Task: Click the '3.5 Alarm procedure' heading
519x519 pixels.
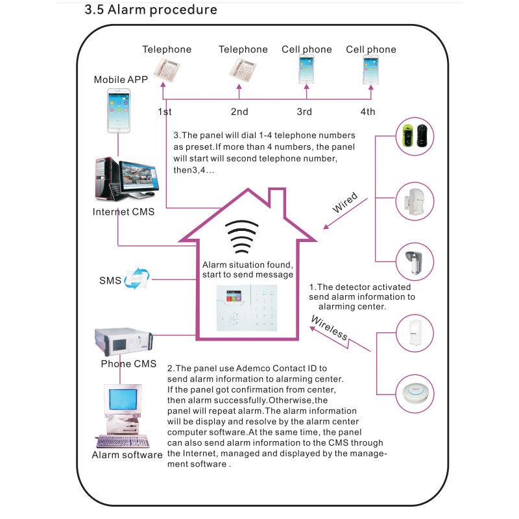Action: [151, 10]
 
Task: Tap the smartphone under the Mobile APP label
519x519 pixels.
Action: [119, 110]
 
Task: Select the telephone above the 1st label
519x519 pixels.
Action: [167, 69]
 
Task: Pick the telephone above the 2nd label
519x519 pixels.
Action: [243, 70]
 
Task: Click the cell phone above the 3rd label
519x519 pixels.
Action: [306, 69]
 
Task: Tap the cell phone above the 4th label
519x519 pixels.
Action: [370, 69]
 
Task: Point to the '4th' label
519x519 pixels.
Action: [368, 112]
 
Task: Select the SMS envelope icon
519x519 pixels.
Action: [137, 278]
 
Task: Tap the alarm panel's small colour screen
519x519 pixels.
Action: [234, 296]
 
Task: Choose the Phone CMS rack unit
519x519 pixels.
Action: [124, 342]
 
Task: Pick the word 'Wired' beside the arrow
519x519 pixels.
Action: [345, 202]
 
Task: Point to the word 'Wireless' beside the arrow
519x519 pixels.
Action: [330, 328]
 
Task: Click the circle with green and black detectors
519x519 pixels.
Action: [415, 136]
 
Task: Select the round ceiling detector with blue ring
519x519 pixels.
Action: [415, 394]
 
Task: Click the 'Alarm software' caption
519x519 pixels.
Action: [127, 455]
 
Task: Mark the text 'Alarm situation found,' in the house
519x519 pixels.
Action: [248, 265]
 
